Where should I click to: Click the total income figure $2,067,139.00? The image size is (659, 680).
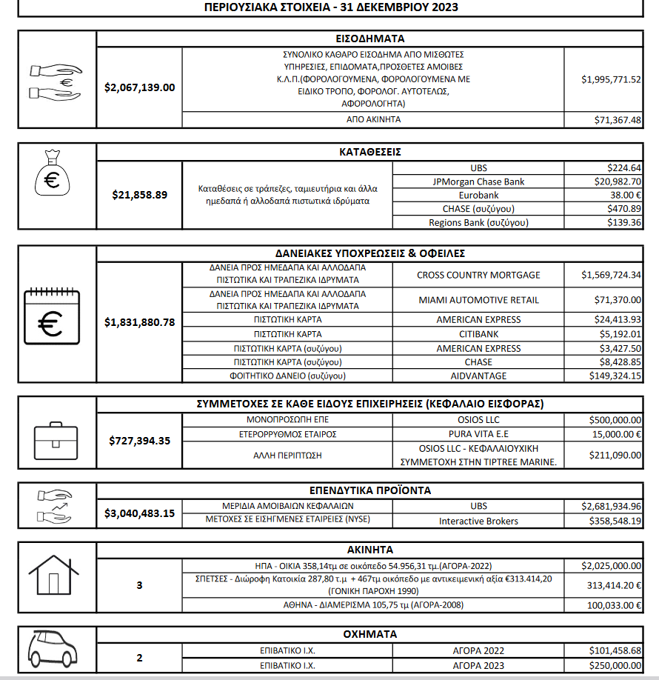(x=140, y=87)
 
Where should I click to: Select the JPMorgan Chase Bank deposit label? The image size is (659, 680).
(x=478, y=181)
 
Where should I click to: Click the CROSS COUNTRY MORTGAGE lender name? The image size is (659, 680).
(x=478, y=275)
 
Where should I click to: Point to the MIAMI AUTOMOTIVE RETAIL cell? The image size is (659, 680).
(x=478, y=300)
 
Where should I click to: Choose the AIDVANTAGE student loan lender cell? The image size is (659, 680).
(x=478, y=376)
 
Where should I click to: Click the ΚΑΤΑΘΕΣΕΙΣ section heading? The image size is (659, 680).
(x=369, y=152)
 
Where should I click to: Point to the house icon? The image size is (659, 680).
(x=53, y=576)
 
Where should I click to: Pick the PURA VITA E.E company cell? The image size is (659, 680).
(x=478, y=433)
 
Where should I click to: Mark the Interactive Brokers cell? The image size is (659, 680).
(x=478, y=521)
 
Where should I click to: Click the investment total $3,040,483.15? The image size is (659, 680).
(x=140, y=513)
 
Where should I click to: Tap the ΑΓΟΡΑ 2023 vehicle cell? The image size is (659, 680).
(x=478, y=666)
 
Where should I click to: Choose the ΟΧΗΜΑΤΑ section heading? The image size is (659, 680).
(x=369, y=635)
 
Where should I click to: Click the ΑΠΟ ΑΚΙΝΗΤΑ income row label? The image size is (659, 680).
(x=373, y=119)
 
